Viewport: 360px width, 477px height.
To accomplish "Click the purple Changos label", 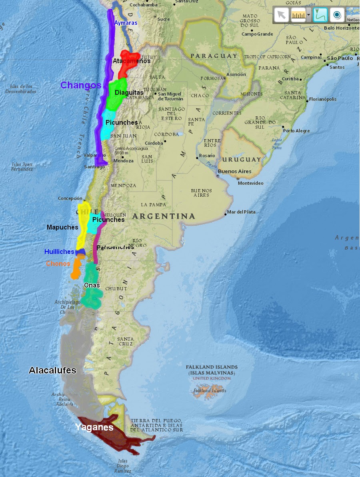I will (x=81, y=85).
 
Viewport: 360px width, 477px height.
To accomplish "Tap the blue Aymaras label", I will (x=126, y=23).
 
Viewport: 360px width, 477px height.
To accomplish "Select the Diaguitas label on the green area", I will (x=129, y=93).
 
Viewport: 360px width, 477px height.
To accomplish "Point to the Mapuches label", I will (x=62, y=227).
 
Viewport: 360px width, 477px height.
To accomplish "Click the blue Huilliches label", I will (x=59, y=251).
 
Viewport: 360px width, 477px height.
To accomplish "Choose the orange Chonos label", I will (x=58, y=263).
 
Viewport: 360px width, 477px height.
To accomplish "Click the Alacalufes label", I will (x=52, y=370).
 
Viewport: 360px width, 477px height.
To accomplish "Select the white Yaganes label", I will (x=94, y=427).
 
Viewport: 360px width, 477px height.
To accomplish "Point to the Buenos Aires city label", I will (x=235, y=172).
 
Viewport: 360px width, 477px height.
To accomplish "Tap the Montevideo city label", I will (x=250, y=183).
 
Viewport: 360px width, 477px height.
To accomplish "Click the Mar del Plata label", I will (x=241, y=212).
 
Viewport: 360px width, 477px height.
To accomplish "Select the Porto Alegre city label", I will (x=296, y=131).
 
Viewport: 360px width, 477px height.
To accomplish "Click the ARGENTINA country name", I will (x=164, y=216).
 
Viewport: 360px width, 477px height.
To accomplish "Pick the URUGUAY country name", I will (x=242, y=159).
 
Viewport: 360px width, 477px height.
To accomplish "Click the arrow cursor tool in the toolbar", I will (x=282, y=15).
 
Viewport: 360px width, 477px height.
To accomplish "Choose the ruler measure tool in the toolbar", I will (x=298, y=15).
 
